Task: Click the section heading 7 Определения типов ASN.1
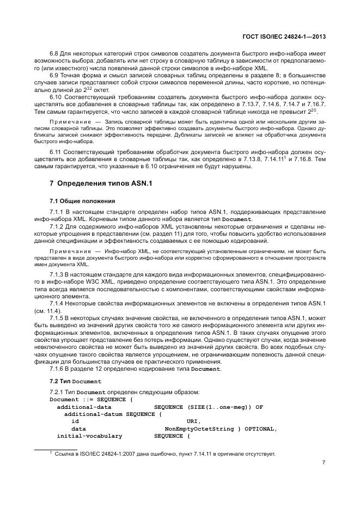pos(101,183)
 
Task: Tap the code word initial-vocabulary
pos(89,436)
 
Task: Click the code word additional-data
pos(84,406)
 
